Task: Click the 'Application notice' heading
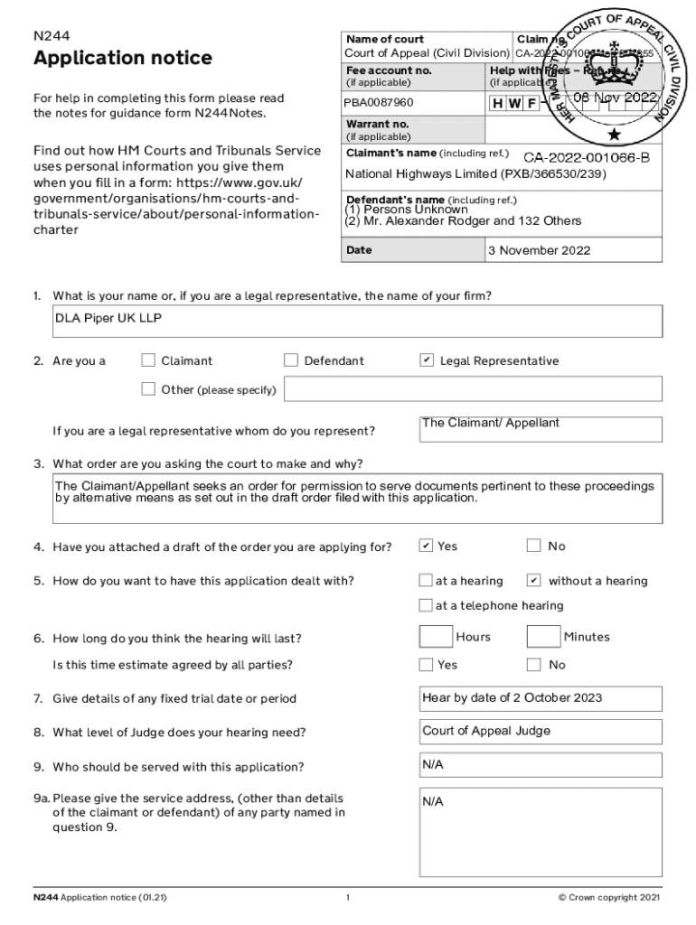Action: (x=123, y=59)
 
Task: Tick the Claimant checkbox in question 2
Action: (x=149, y=361)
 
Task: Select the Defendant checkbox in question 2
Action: (x=291, y=361)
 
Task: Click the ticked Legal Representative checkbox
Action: (x=427, y=361)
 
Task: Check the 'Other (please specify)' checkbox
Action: (x=149, y=389)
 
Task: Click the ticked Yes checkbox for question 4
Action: (x=426, y=546)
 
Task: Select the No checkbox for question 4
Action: (x=533, y=546)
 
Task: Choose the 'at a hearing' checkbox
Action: (x=426, y=580)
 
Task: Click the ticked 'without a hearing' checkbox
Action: (x=533, y=580)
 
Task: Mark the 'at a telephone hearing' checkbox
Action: (x=426, y=605)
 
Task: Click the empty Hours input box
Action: (x=436, y=638)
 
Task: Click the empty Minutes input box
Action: (x=543, y=638)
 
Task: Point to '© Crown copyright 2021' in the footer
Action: (x=609, y=898)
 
